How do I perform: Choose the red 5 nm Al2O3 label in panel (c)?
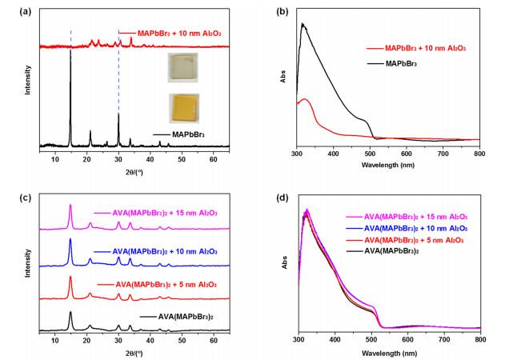click(x=155, y=285)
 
